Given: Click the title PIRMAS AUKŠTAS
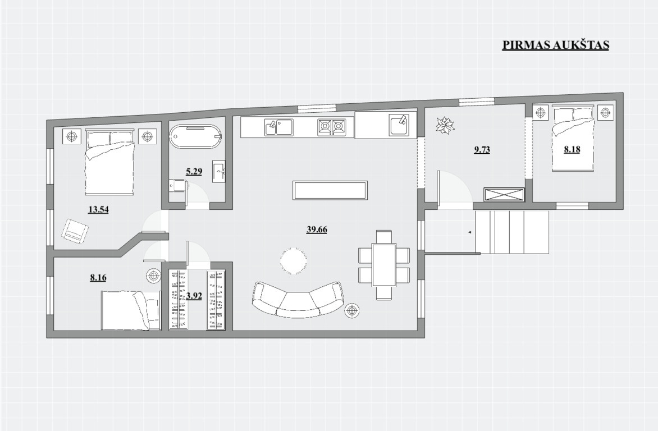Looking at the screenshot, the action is [556, 45].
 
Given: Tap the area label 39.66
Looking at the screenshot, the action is [317, 230].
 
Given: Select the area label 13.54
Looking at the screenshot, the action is [98, 209].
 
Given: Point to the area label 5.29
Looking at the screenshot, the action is [194, 171].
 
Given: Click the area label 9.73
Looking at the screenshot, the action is [482, 149].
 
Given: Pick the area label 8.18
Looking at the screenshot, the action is [572, 149].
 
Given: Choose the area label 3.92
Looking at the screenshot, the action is [194, 296].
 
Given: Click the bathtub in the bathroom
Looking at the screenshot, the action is [196, 137].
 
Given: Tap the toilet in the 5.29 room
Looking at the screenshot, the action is [179, 186].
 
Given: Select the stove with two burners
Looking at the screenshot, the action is [331, 127].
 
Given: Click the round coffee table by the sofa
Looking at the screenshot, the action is [294, 261].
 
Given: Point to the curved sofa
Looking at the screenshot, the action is [298, 299].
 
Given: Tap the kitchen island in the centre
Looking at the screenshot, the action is [330, 191].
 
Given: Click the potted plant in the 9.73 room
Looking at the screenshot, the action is [445, 126].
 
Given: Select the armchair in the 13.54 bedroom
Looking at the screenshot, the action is [75, 231].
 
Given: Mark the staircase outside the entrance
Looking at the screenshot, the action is [512, 232].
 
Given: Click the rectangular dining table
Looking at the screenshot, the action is [384, 265].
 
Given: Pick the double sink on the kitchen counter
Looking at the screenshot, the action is [278, 127].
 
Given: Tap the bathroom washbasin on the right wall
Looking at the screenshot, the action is [218, 171].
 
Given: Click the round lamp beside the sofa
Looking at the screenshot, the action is [351, 311].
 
